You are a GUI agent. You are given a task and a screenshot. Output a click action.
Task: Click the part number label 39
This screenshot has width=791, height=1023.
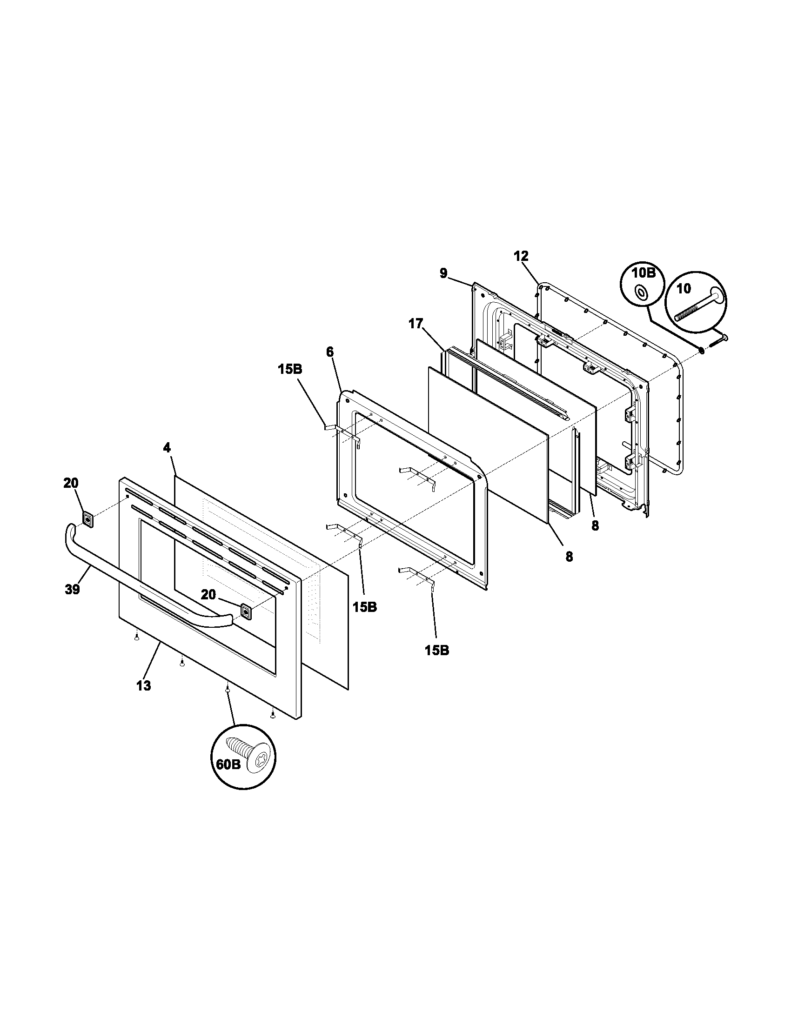pyautogui.click(x=73, y=589)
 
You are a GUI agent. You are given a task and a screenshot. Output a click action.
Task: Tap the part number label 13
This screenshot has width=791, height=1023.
pyautogui.click(x=143, y=686)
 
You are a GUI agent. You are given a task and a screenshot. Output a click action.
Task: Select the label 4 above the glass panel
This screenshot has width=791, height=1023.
pyautogui.click(x=167, y=447)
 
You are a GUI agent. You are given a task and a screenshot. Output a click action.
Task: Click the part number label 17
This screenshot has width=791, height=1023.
pyautogui.click(x=416, y=324)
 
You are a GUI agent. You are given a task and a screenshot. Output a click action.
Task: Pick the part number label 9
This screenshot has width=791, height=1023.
pyautogui.click(x=443, y=273)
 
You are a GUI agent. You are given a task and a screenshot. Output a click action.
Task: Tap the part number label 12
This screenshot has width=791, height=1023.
pyautogui.click(x=521, y=256)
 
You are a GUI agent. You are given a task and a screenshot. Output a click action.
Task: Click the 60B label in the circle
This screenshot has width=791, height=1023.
pyautogui.click(x=228, y=764)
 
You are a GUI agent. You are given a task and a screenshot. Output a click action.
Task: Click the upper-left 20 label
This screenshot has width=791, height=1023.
pyautogui.click(x=71, y=483)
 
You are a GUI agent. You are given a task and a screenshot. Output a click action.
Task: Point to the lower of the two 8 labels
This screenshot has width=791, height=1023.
pyautogui.click(x=569, y=557)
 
